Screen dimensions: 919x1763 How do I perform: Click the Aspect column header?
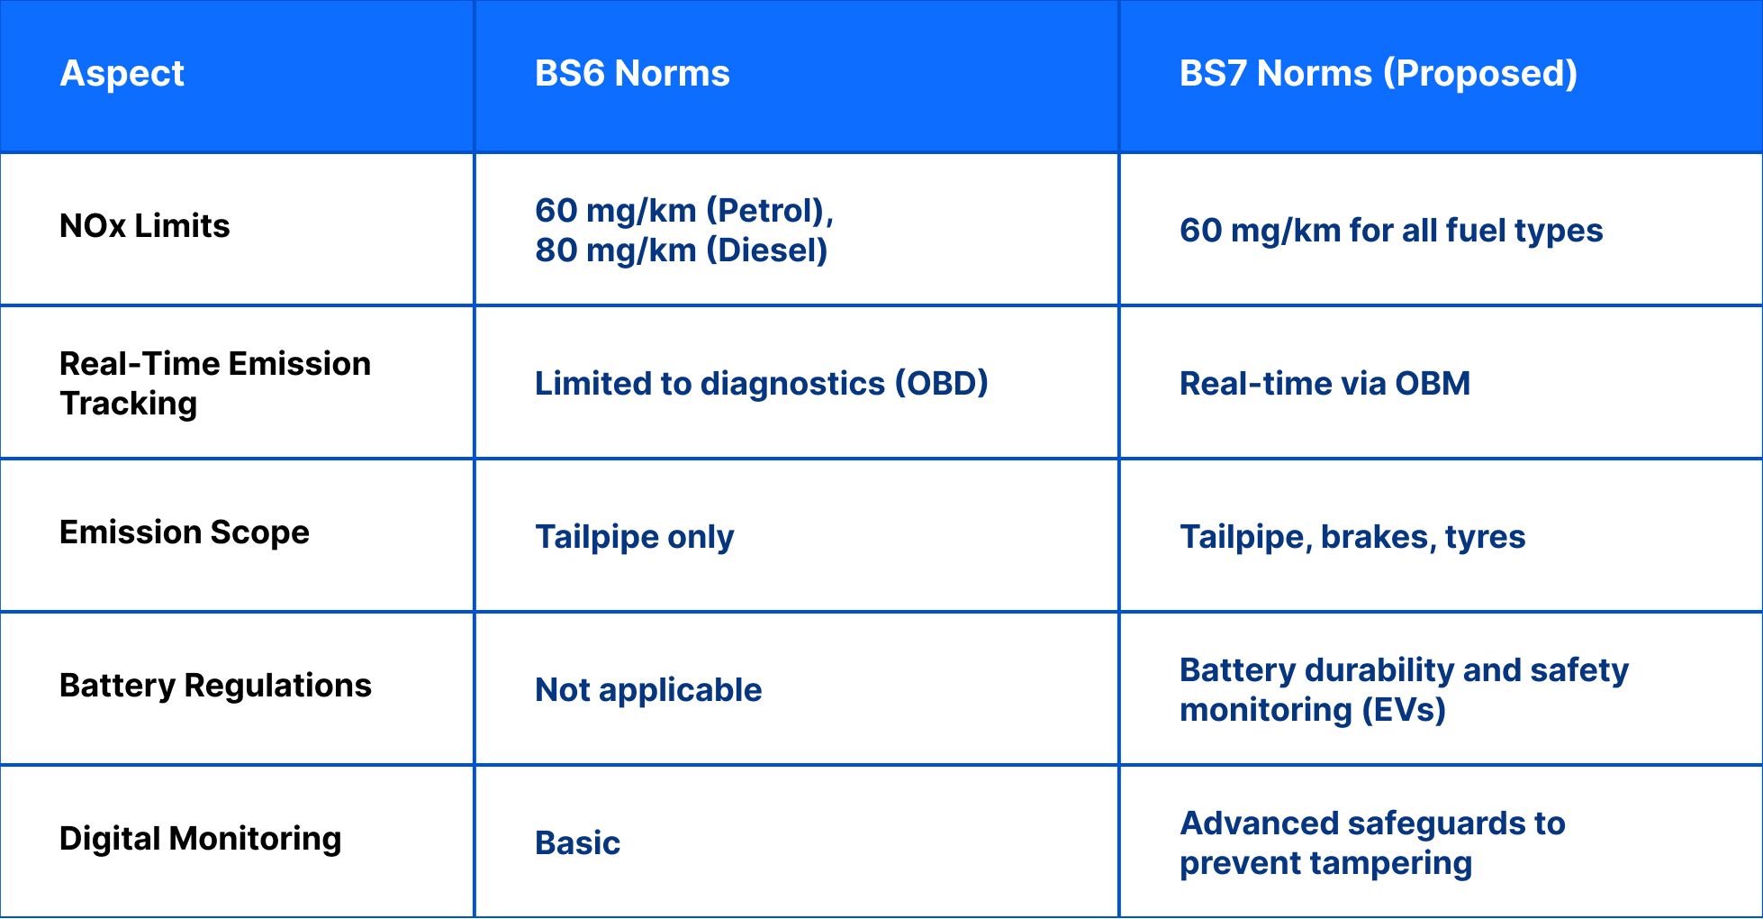pos(122,73)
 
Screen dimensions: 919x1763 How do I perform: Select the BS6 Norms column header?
pos(632,73)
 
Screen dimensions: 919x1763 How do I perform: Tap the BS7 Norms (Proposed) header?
pos(1378,73)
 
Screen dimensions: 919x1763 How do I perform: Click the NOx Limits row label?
pos(144,225)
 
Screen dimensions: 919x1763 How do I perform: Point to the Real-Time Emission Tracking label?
pos(214,383)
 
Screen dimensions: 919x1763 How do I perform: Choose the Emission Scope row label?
pos(184,532)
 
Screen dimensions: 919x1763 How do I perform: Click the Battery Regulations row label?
pos(215,686)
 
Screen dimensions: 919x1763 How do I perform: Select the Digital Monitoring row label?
pos(200,839)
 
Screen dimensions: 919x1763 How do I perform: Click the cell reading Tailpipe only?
pos(634,537)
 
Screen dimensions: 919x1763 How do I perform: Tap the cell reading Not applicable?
pos(648,690)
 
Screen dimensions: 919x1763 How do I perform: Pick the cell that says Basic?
pos(577,843)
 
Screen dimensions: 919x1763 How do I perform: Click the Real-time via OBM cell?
pos(1325,384)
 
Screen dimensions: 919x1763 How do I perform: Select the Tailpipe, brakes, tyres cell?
pos(1352,537)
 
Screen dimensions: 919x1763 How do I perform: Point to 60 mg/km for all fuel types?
pos(1391,231)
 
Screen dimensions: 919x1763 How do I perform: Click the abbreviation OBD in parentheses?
pos(942,384)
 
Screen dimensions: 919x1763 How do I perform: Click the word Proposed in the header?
pos(1480,73)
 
